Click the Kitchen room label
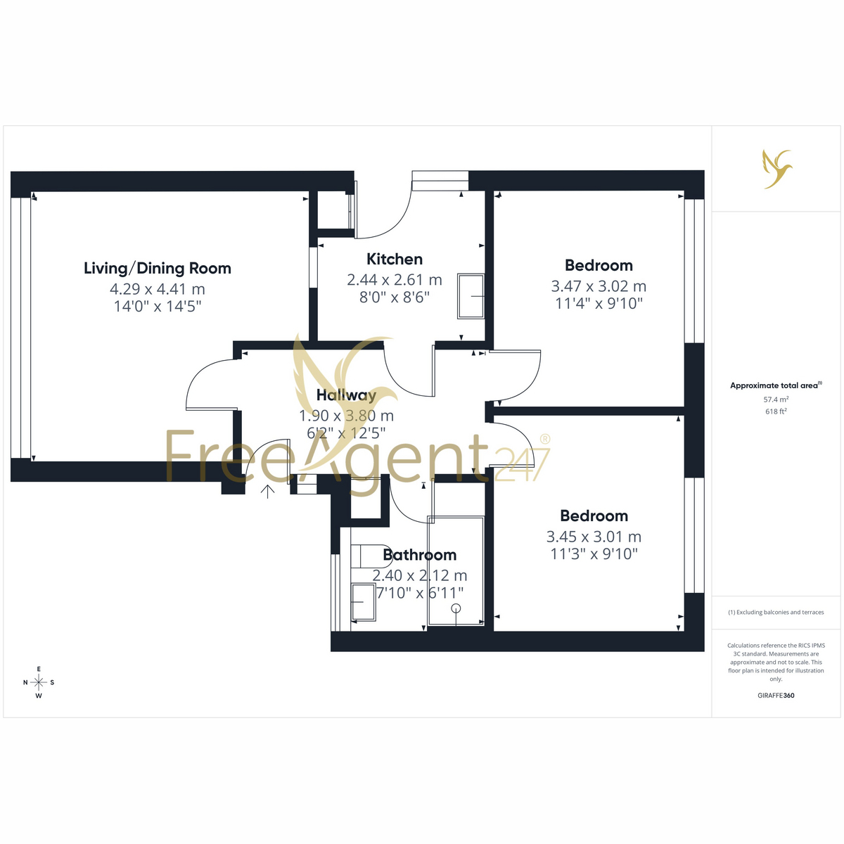pos(394,259)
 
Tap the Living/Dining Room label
pos(158,268)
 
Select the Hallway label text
pos(346,395)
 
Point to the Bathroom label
pos(419,554)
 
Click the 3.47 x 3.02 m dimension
pos(599,286)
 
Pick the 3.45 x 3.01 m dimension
pos(594,536)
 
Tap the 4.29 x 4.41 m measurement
pos(158,288)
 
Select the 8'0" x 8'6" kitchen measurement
pos(394,298)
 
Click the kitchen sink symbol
pos(471,296)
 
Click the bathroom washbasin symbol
pos(363,602)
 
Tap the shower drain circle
pos(456,608)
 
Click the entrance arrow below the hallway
pos(267,492)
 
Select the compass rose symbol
pos(39,682)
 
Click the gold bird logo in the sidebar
pos(777,169)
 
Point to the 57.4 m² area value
pos(776,399)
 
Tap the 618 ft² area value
pos(776,411)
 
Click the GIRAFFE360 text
pos(776,695)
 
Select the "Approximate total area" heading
pos(774,385)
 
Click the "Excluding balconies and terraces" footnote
pos(776,612)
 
